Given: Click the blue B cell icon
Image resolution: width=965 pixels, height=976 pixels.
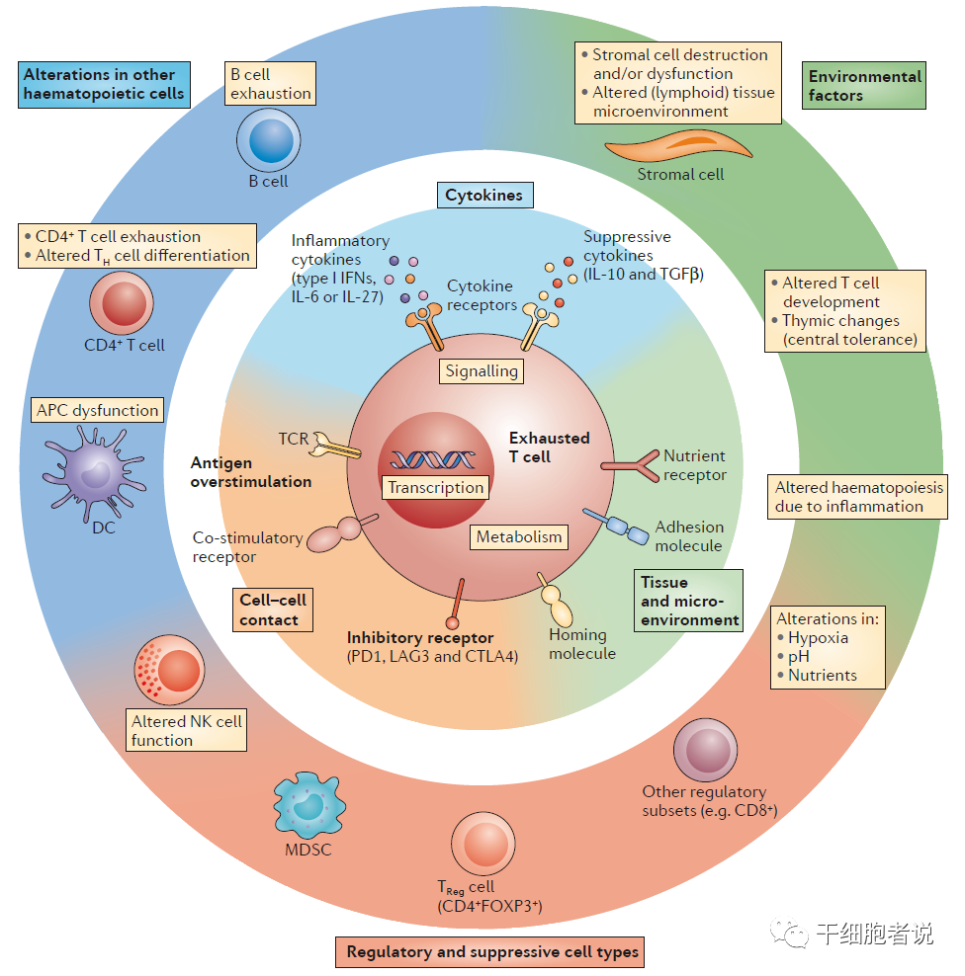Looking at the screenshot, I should point(268,141).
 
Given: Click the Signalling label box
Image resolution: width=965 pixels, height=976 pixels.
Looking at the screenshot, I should point(482,371).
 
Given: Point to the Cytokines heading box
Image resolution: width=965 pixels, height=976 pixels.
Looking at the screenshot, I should point(483,195).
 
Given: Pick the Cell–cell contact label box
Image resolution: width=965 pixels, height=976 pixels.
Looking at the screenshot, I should point(274,610).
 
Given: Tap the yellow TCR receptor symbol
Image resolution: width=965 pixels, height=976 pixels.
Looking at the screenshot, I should point(334,448).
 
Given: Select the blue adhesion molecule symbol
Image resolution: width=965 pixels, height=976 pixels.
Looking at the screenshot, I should point(612,524).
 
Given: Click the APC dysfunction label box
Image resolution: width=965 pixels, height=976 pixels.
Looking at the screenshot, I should point(97,410).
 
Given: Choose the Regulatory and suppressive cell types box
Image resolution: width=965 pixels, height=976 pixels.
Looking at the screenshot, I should point(489,952).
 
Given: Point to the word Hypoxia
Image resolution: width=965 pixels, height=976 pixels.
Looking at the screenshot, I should point(818,637).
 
